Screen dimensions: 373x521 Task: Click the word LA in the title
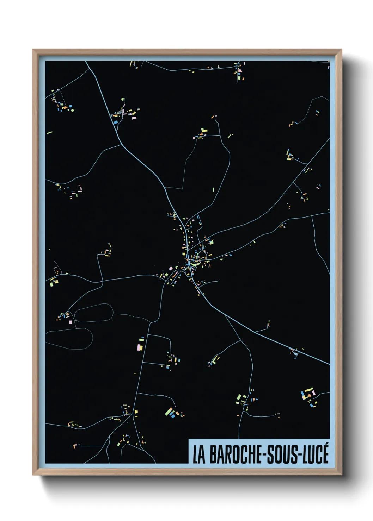point(199,455)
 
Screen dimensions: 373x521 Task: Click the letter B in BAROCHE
point(214,455)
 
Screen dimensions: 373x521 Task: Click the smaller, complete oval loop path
point(94,313)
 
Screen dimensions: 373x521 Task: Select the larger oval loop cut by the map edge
point(69,339)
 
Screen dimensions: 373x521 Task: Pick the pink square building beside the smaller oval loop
point(71,322)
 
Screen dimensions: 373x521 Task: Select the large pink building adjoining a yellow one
point(140,347)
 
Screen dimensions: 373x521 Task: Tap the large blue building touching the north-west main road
point(115,122)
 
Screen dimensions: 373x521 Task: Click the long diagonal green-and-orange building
point(170,411)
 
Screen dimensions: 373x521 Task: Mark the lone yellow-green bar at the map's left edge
point(49,133)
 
